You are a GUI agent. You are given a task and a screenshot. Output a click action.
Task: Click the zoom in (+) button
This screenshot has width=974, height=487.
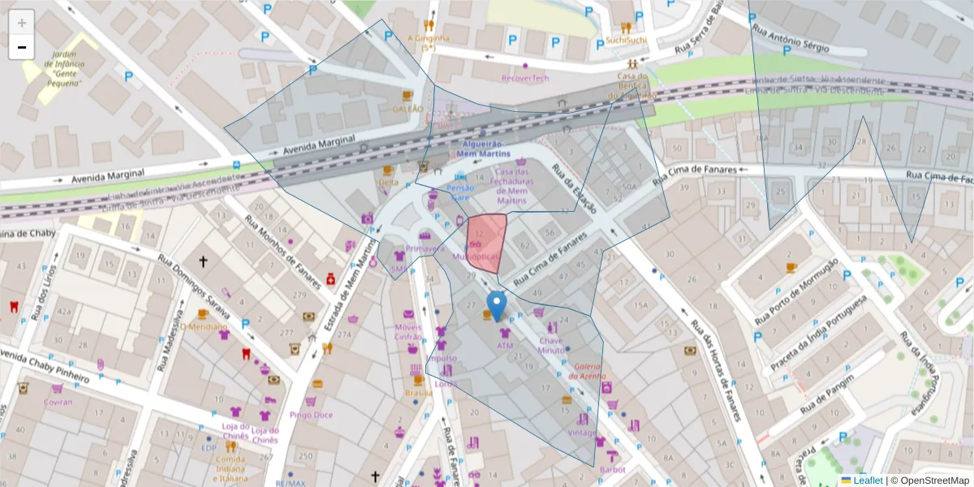22,23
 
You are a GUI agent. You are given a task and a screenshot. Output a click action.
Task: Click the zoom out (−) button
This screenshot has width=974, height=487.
22,47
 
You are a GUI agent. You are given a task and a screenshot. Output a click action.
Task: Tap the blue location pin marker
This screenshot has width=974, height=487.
496,306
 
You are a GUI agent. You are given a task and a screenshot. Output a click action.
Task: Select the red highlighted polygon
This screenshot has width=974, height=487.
488,242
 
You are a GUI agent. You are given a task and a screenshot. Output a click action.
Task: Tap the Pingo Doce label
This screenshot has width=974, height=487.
311,415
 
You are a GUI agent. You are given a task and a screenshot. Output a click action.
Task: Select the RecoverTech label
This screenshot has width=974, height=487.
525,79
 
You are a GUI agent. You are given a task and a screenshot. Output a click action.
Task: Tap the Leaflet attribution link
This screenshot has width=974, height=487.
867,481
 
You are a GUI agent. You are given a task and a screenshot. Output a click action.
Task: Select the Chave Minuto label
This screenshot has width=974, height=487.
551,345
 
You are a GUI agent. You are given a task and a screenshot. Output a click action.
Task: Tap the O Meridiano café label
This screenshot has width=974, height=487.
203,326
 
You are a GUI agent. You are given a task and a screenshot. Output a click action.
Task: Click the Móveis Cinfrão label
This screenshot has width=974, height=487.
408,332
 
